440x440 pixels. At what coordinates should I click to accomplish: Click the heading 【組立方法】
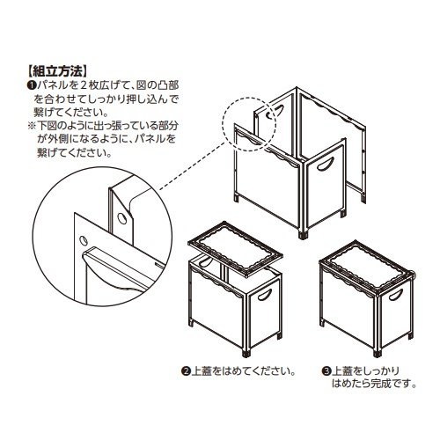[x=57, y=71]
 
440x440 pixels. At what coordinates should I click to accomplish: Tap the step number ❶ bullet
[x=31, y=85]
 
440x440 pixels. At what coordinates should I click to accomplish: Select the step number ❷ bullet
[x=186, y=371]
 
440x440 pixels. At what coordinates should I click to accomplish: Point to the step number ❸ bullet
[x=326, y=371]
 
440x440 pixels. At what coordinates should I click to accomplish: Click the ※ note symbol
[x=31, y=126]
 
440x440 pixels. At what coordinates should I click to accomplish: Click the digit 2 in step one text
[x=84, y=85]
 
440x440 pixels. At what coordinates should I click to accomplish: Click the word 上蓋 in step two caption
[x=202, y=371]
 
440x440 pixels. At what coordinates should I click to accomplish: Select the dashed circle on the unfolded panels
[x=249, y=124]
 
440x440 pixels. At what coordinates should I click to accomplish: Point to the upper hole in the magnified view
[x=121, y=218]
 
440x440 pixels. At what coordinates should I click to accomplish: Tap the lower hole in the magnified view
[x=84, y=240]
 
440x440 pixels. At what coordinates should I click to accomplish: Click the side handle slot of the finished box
[x=395, y=295]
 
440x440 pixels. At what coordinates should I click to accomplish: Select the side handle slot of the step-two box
[x=265, y=295]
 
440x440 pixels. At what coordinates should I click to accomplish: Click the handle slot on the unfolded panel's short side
[x=326, y=165]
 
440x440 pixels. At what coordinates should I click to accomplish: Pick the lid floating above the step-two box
[x=235, y=249]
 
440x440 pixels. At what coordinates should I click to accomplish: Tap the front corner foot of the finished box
[x=378, y=353]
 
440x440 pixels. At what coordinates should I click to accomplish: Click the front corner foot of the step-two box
[x=246, y=353]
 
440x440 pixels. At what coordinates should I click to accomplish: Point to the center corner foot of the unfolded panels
[x=304, y=235]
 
